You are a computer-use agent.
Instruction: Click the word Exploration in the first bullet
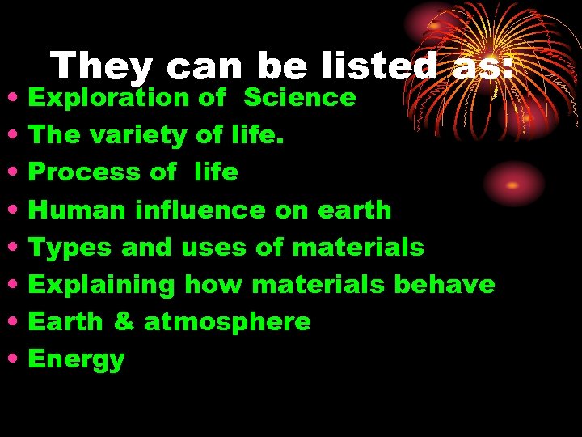click(x=108, y=98)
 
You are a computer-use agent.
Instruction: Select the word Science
click(x=299, y=98)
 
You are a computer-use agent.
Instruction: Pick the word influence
click(x=200, y=210)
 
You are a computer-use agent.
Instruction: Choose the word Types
click(x=70, y=248)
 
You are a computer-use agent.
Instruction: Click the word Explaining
click(x=101, y=286)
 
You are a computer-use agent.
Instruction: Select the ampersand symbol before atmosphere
click(x=124, y=322)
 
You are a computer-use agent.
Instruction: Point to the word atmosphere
click(x=227, y=322)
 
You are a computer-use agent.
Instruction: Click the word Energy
click(x=76, y=360)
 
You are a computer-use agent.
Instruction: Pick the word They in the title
click(x=93, y=66)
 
